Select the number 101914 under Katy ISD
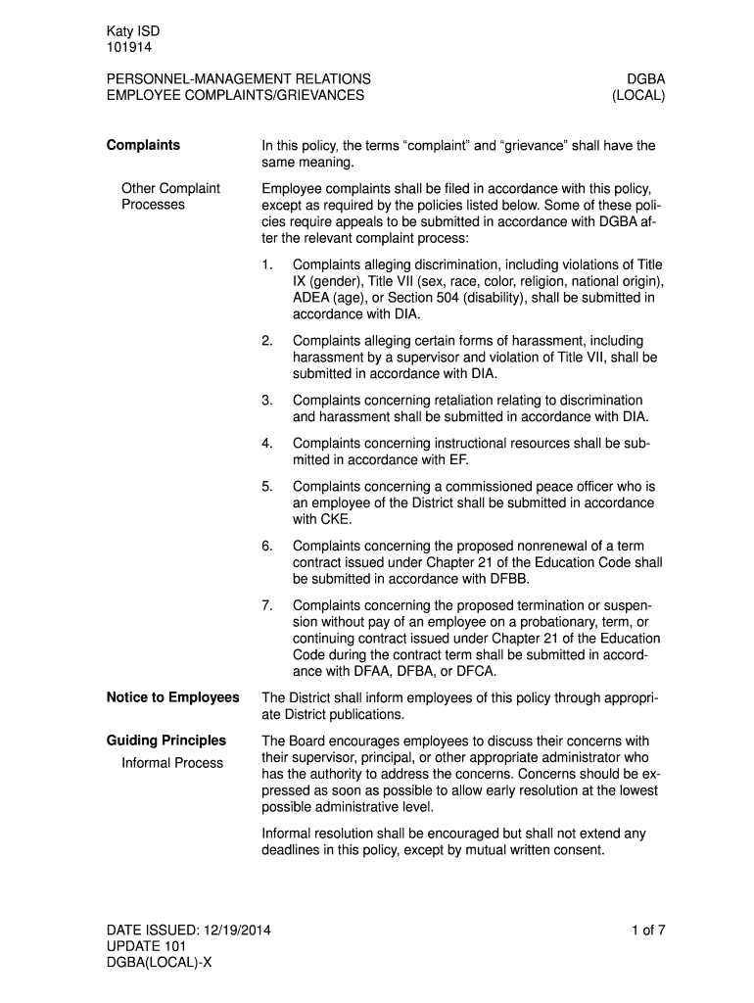(x=129, y=47)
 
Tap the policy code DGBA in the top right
(x=646, y=78)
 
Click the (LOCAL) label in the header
(x=638, y=96)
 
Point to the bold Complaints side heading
(x=143, y=146)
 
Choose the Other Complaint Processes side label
(x=170, y=196)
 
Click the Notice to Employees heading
(x=172, y=697)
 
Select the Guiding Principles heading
(x=165, y=740)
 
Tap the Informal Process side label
(x=172, y=763)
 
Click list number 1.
(x=267, y=265)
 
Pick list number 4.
(x=267, y=444)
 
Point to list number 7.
(x=267, y=605)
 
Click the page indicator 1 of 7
(x=648, y=931)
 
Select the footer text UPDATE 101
(x=146, y=947)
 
